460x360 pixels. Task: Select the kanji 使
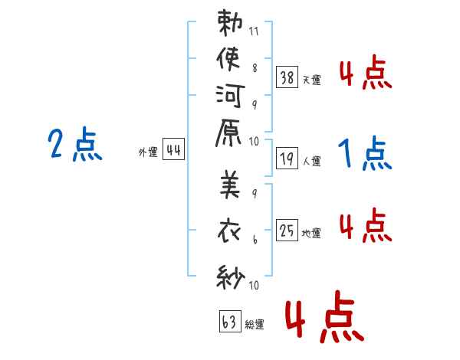228,59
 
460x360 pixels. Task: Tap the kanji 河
230,96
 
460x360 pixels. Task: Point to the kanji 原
228,133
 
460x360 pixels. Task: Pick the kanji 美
230,184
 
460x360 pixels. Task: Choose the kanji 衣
229,231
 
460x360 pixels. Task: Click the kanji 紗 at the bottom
230,277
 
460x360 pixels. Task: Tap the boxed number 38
287,77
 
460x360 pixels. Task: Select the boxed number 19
287,159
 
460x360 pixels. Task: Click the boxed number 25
287,230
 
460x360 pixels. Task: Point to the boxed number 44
173,149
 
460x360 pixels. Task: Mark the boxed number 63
230,321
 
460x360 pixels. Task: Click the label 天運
312,80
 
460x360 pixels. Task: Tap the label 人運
312,161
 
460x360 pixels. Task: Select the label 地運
311,233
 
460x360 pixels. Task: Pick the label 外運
148,152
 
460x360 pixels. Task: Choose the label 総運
255,324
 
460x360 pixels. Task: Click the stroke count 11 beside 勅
254,31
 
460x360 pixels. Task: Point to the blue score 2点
75,144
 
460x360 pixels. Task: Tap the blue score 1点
365,153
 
